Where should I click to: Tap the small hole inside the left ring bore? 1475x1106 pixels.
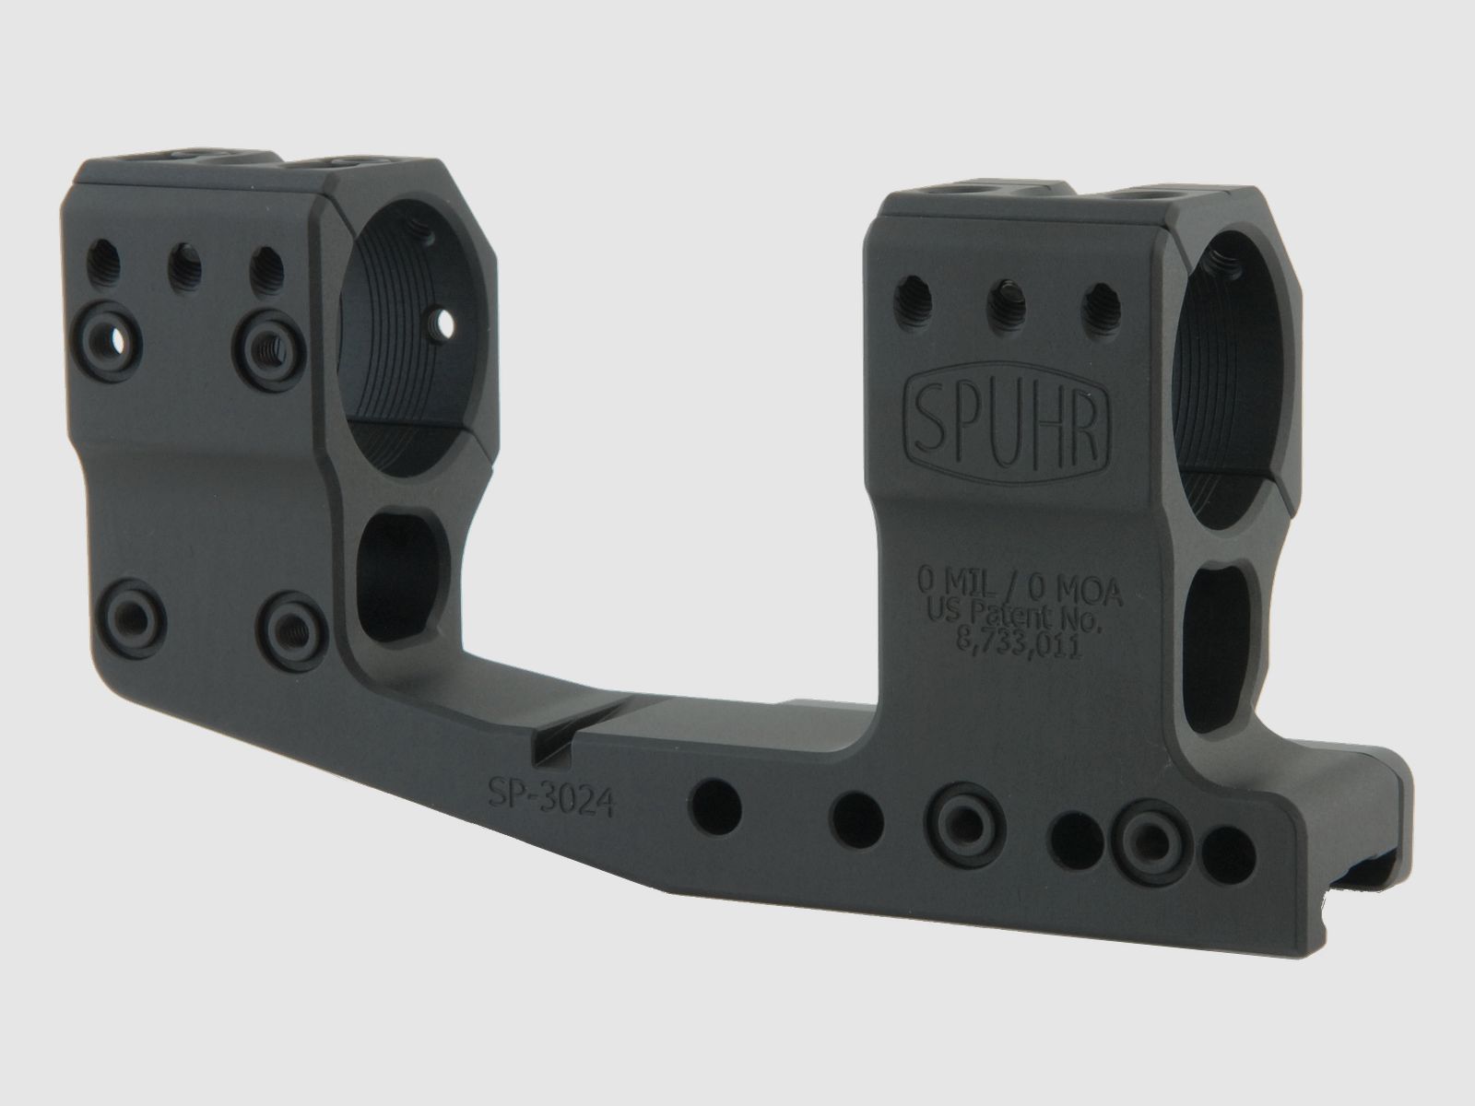pyautogui.click(x=445, y=323)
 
